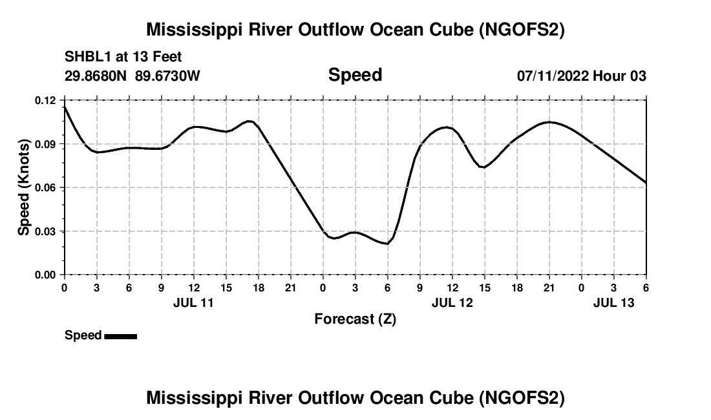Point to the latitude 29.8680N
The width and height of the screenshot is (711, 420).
[x=96, y=76]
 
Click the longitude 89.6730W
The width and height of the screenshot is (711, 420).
[x=168, y=76]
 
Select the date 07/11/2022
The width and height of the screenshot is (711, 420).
[x=553, y=76]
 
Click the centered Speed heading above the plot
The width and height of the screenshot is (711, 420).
[x=355, y=75]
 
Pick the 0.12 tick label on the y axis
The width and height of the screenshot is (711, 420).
[x=46, y=100]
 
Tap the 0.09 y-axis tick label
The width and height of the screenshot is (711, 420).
[x=46, y=143]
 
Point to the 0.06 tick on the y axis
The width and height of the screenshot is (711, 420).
[x=46, y=187]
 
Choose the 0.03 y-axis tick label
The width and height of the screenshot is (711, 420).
[x=46, y=231]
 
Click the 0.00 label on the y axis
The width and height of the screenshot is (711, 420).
[x=46, y=275]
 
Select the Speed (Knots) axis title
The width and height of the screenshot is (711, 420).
[x=24, y=187]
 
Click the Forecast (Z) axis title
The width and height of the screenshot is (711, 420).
[x=355, y=319]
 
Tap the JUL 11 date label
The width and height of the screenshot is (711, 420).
[x=193, y=302]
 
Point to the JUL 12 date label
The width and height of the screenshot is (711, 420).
[x=452, y=302]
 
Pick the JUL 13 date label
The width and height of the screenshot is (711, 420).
[x=613, y=302]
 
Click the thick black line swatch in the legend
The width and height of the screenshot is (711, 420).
[x=120, y=336]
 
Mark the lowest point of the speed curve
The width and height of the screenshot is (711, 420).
[x=387, y=244]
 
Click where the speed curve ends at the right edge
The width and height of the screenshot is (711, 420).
[x=646, y=183]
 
